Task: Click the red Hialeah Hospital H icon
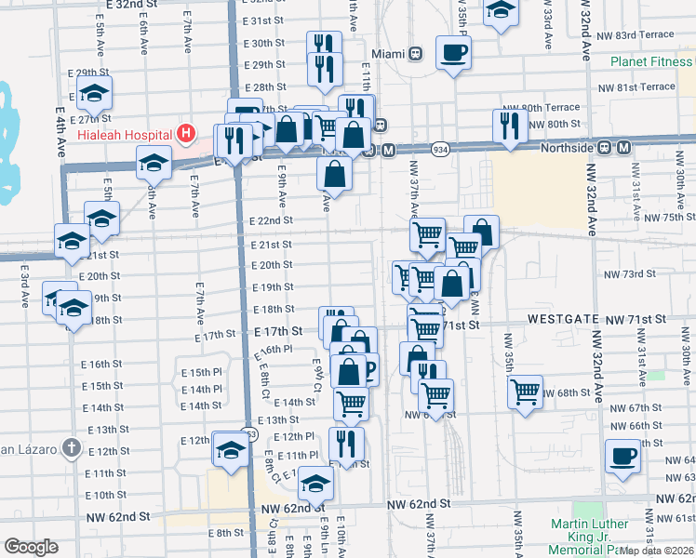pyautogui.click(x=186, y=134)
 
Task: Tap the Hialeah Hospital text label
pyautogui.click(x=130, y=134)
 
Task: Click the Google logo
pyautogui.click(x=31, y=547)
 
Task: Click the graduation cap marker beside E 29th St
pyautogui.click(x=94, y=93)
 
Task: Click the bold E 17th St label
pyautogui.click(x=278, y=331)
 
